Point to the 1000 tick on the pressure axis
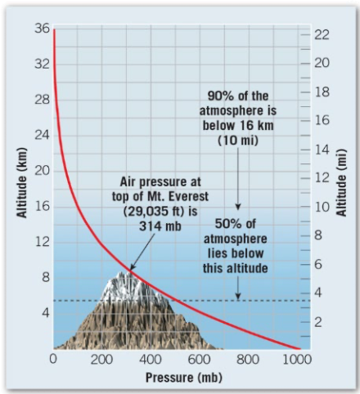[x=298, y=359]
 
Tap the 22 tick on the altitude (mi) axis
[x=322, y=34]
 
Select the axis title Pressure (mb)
[x=178, y=378]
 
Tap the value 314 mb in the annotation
[x=155, y=226]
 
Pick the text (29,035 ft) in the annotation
[x=155, y=211]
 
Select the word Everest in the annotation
[x=178, y=196]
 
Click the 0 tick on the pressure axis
[x=52, y=359]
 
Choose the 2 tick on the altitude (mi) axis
[x=317, y=323]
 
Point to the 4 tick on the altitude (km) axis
[x=45, y=312]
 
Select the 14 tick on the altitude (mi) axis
[x=322, y=150]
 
